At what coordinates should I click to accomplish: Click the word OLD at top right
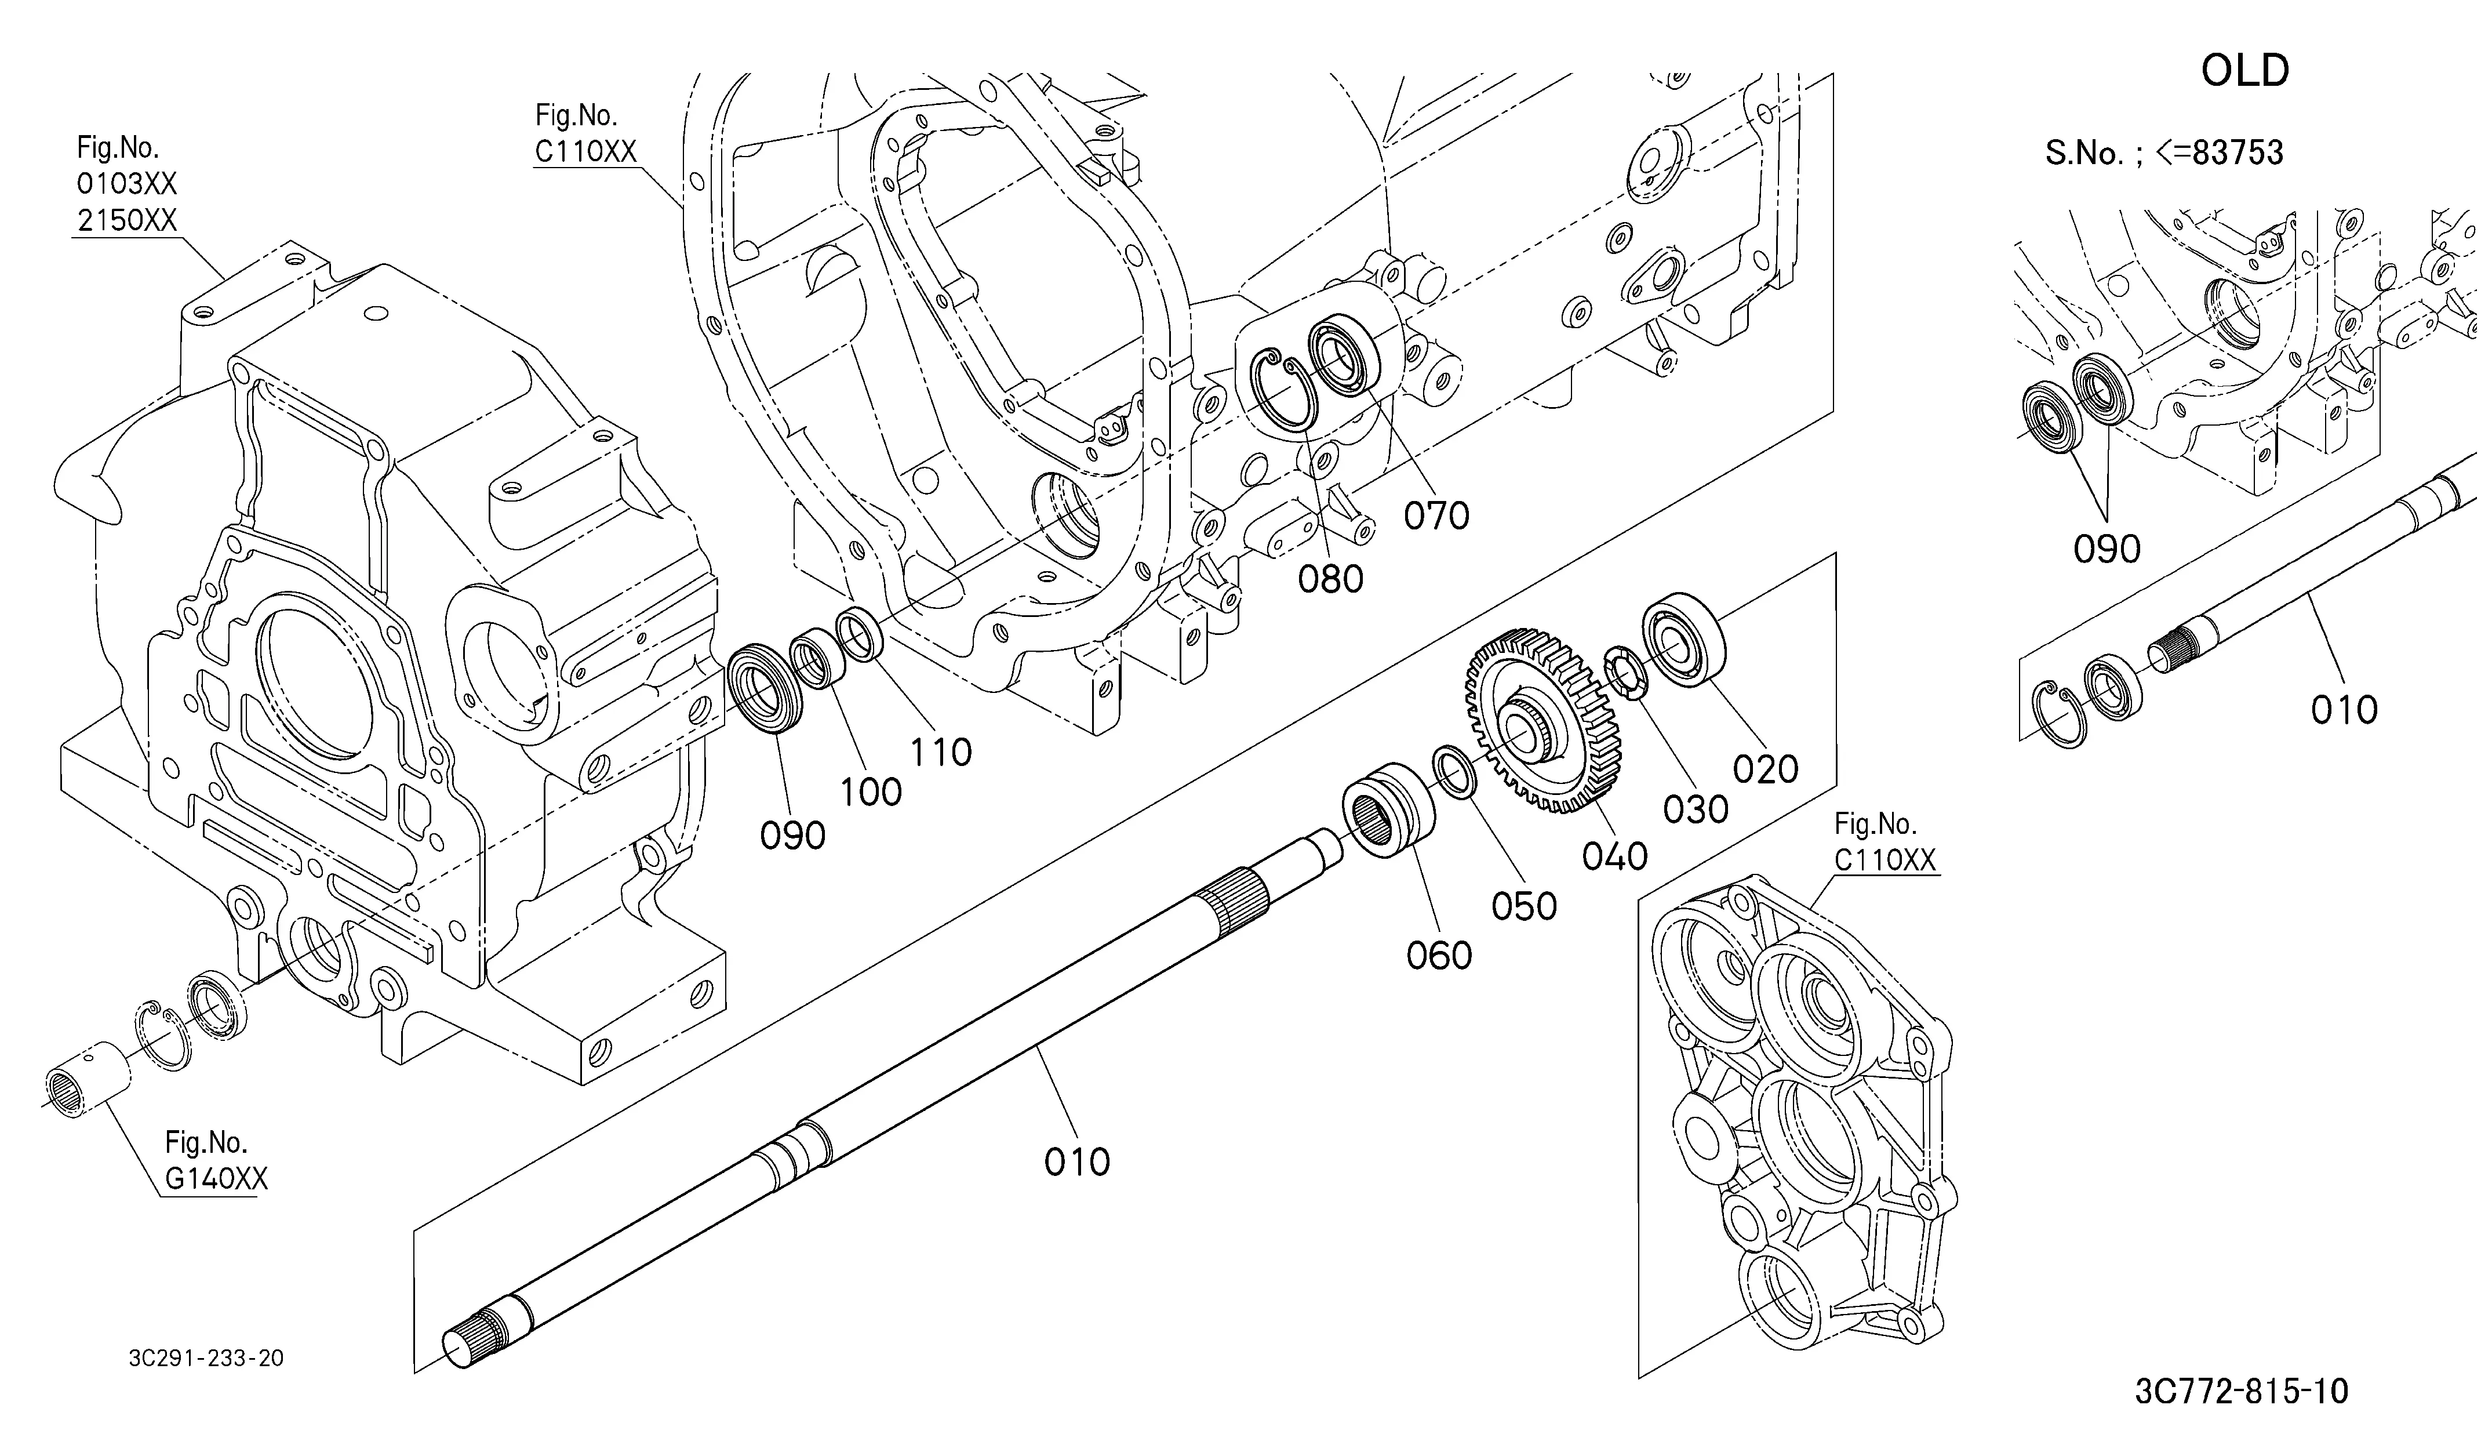[x=2245, y=71]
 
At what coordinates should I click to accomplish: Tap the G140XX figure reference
[x=216, y=1179]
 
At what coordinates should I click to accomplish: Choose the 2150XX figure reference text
[x=126, y=220]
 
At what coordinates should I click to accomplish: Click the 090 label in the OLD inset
[x=2107, y=549]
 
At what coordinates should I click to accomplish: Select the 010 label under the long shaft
[x=1077, y=1161]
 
